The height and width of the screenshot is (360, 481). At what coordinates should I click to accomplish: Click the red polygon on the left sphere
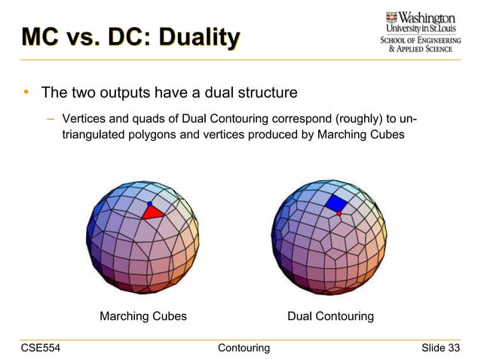click(153, 212)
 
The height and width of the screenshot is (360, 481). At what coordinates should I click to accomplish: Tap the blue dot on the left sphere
click(149, 204)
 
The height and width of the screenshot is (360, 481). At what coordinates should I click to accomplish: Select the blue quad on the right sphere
click(335, 203)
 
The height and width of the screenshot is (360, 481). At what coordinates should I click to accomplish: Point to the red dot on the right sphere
click(339, 214)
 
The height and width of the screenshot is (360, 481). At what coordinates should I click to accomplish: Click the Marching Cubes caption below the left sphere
click(143, 316)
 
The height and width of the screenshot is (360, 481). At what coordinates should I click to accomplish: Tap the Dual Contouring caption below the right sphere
click(330, 316)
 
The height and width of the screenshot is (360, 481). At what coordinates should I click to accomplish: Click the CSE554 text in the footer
click(41, 347)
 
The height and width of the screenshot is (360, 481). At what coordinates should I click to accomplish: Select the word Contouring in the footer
click(243, 347)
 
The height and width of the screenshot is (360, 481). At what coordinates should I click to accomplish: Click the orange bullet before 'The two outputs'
click(26, 93)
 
